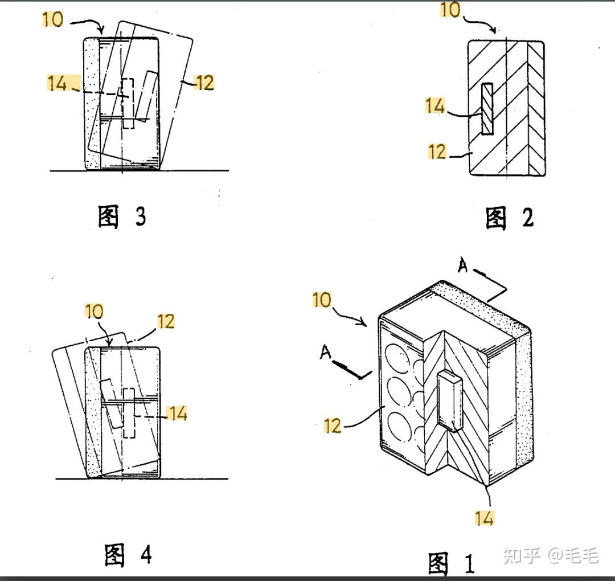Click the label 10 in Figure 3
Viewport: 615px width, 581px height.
tap(53, 19)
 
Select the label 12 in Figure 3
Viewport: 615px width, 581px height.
tap(204, 83)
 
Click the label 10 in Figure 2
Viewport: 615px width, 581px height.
tap(450, 10)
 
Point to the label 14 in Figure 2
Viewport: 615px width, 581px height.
tap(435, 105)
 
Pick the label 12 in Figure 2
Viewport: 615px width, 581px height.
tap(437, 152)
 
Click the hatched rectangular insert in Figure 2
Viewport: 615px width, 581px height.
tap(487, 109)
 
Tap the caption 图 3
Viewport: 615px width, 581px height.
tap(122, 216)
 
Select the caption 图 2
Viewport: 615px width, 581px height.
tap(509, 218)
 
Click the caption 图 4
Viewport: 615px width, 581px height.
tap(128, 554)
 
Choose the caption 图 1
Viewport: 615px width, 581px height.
tap(451, 564)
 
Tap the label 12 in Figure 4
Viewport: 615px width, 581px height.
tap(165, 321)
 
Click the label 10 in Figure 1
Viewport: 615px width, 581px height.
tap(322, 300)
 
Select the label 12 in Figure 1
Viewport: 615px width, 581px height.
tap(333, 425)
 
